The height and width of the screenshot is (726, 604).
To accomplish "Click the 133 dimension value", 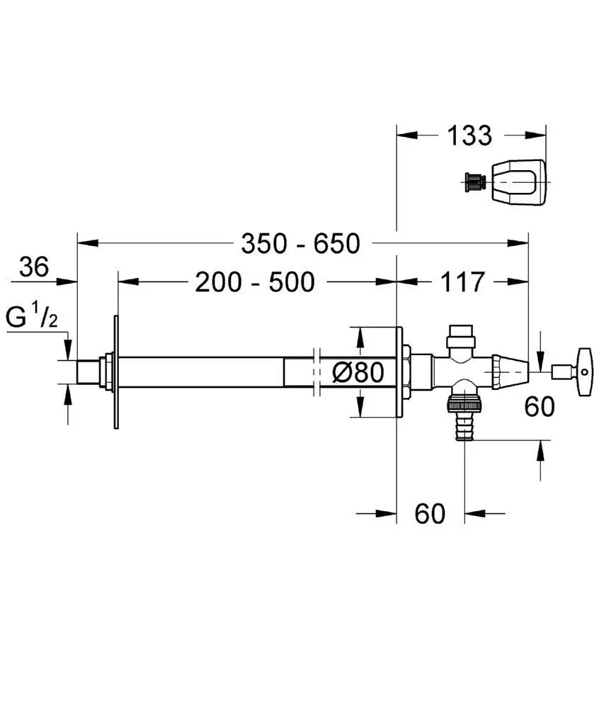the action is click(469, 135).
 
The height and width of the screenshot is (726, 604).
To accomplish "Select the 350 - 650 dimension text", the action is click(301, 244).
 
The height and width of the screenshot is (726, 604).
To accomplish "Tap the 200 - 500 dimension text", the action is click(255, 282).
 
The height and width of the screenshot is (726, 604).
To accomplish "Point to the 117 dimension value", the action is click(462, 282).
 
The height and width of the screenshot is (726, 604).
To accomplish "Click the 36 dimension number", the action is click(34, 267).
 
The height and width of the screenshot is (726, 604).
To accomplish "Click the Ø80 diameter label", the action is click(359, 372).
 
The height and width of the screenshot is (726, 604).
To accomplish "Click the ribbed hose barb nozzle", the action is click(465, 428).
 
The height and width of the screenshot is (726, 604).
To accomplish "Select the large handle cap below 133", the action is click(518, 182).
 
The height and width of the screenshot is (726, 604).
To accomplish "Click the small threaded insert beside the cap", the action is click(474, 182).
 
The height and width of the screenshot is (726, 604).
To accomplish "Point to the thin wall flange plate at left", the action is click(116, 372).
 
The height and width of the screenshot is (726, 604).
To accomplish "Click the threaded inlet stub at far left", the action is click(87, 372).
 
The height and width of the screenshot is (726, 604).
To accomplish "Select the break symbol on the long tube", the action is click(317, 372).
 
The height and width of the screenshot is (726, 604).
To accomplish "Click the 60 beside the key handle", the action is click(540, 407).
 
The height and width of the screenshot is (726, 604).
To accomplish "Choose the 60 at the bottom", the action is click(430, 513).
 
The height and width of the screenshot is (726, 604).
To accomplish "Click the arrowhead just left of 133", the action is click(407, 135).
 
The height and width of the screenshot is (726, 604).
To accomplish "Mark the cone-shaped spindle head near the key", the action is click(510, 372).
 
